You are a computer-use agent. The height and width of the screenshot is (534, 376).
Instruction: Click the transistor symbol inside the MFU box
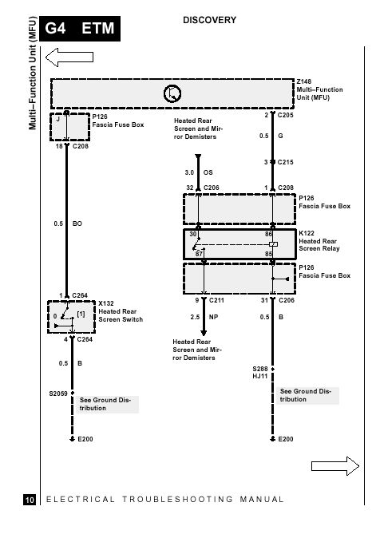click(172, 93)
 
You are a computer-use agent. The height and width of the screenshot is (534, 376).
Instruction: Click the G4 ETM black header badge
click(80, 29)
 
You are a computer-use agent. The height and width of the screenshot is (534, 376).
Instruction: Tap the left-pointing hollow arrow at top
click(69, 57)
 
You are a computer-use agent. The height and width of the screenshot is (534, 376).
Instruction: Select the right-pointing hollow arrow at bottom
click(335, 466)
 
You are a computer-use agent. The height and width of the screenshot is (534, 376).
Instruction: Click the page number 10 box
click(30, 500)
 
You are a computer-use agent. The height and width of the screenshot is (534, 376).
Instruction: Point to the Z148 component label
click(304, 81)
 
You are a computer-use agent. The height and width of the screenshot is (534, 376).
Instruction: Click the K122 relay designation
click(307, 233)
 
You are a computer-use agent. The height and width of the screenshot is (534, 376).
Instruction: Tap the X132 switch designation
click(106, 303)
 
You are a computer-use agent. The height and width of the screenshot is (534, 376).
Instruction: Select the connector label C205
click(285, 115)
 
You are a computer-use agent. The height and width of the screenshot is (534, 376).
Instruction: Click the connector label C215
click(285, 162)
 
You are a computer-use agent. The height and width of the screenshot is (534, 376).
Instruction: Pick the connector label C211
click(216, 300)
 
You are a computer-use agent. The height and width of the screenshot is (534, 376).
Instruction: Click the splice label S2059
click(58, 394)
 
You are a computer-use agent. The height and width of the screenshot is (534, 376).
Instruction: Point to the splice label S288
click(260, 369)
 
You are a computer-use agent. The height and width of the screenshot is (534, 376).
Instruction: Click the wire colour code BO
click(77, 223)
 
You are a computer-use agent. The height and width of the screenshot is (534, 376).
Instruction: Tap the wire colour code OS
click(208, 172)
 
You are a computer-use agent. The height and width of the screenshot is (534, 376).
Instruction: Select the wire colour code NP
click(213, 317)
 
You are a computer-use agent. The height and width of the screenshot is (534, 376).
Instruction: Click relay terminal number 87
click(199, 254)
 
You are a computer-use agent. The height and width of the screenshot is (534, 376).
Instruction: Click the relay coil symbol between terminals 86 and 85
click(273, 244)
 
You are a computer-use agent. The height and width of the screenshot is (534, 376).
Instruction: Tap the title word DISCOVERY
click(209, 20)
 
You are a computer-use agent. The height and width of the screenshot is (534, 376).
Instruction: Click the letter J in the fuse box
click(58, 120)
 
